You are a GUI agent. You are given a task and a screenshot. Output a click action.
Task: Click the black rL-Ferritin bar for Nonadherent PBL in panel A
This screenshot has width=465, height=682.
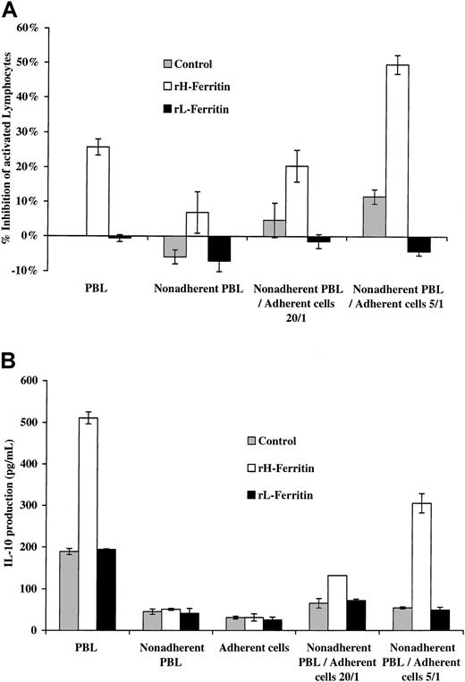217,248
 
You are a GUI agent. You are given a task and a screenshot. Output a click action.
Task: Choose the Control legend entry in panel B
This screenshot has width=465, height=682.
274,440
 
